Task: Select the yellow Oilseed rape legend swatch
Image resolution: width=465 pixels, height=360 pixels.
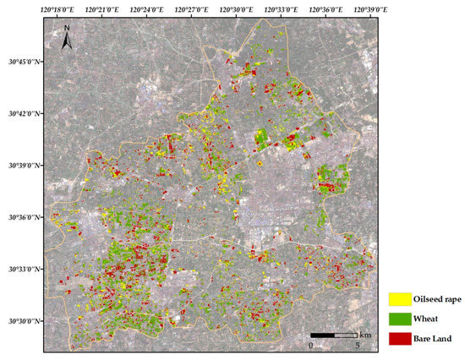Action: (400, 299)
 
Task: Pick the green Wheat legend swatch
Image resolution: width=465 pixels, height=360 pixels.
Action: (400, 319)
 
